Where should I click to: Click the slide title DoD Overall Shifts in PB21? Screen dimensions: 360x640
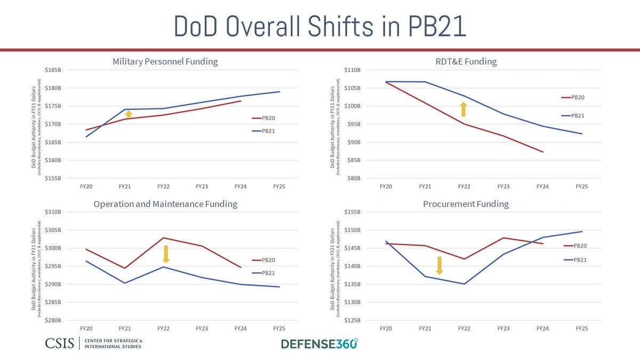[x=320, y=27]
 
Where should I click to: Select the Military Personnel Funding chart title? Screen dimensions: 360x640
[x=165, y=61]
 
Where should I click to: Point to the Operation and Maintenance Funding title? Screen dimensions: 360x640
[x=165, y=204]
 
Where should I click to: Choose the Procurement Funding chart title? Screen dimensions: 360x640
[x=466, y=204]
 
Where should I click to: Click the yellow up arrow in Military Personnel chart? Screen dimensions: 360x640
[x=129, y=114]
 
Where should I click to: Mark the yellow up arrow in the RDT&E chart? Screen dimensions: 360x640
[x=463, y=109]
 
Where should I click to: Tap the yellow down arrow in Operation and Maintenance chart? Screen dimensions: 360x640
[x=166, y=254]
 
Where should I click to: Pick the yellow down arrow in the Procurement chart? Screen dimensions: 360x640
[x=439, y=265]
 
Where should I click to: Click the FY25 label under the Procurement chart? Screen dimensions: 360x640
[x=581, y=329]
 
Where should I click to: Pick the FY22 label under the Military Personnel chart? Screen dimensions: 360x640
[x=163, y=187]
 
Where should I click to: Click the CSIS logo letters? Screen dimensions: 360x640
[x=60, y=343]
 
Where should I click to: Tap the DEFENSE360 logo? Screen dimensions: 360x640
[x=319, y=343]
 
